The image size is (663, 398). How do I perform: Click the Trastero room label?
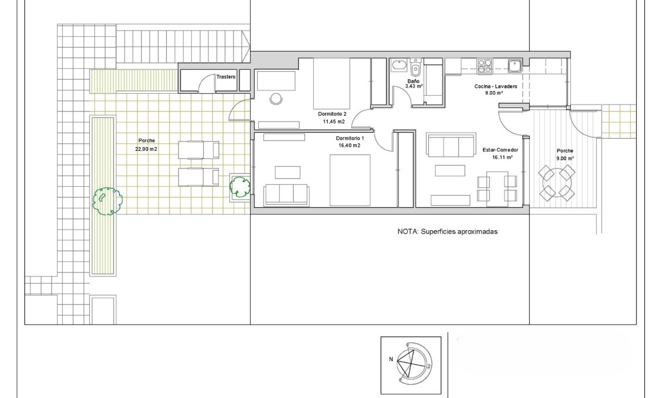coord(225,77)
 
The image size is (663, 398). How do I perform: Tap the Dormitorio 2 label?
coord(333,113)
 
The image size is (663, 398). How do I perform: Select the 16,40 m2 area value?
coord(350,146)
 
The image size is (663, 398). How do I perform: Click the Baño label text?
coord(414,81)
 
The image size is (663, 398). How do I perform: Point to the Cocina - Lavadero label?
coord(496,86)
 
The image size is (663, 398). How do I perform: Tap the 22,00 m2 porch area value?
coord(147,149)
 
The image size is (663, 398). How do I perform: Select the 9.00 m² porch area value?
coord(565,158)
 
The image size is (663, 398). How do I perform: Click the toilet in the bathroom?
coord(415,69)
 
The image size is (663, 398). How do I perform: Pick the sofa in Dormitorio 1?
coord(286,194)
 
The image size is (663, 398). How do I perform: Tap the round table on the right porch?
coord(556,182)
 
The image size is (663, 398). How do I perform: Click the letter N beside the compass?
coord(390,359)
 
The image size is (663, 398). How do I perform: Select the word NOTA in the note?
coord(408,232)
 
